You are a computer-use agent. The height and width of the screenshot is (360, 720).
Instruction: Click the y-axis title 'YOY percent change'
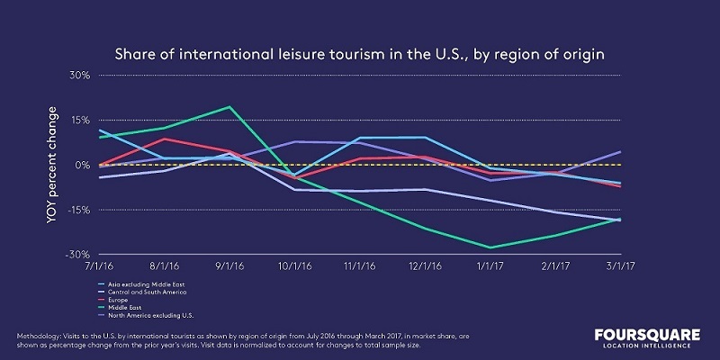click(53, 165)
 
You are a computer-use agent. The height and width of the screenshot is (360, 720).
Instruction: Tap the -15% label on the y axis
click(78, 211)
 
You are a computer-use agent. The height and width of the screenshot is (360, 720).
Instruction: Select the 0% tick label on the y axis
click(82, 166)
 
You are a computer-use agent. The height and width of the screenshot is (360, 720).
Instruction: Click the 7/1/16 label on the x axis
click(99, 267)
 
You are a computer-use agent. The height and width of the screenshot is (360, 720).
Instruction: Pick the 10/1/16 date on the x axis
click(293, 267)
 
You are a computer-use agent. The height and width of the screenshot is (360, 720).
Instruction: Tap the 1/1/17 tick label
click(490, 267)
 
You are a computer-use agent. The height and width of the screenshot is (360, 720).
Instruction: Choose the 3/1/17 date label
click(619, 267)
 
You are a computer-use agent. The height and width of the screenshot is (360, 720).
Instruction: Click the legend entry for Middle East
click(125, 306)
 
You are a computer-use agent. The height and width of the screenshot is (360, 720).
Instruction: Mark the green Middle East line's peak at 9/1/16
click(229, 107)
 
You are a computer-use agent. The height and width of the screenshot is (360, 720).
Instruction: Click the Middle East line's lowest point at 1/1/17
click(490, 247)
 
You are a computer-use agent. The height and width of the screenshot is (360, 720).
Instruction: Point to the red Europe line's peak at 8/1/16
click(165, 139)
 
